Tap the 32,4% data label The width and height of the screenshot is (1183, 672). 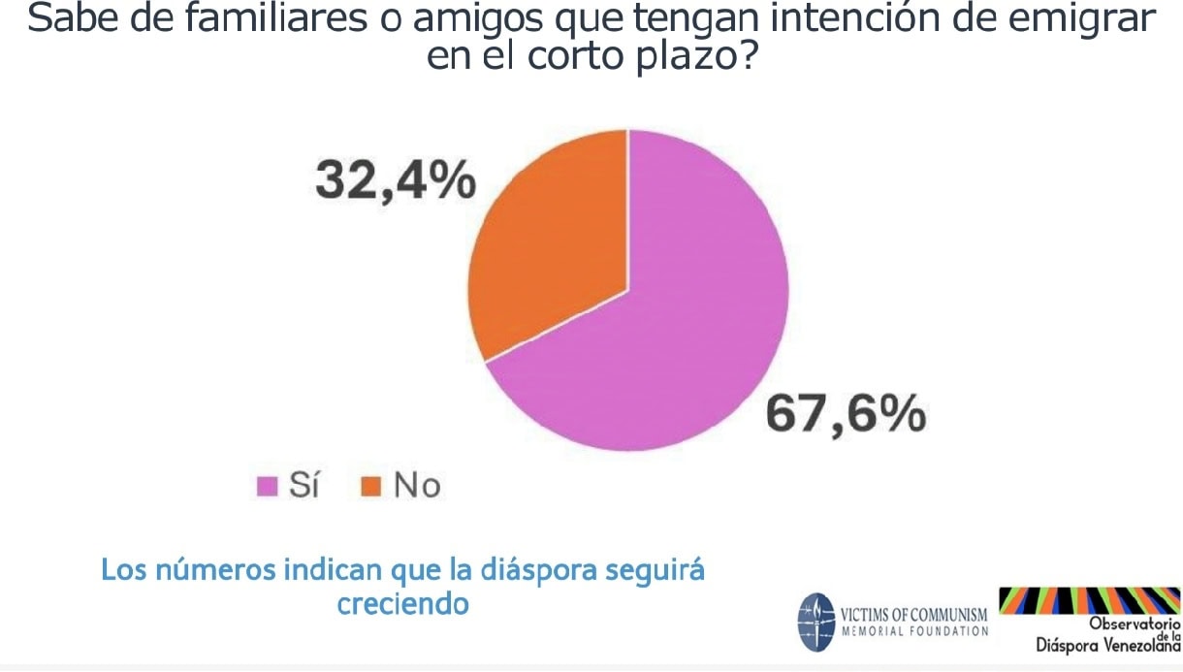click(x=395, y=181)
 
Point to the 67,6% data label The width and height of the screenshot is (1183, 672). click(x=845, y=416)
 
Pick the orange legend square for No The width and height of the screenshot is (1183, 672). click(x=369, y=485)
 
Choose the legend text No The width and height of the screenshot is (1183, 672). click(x=416, y=484)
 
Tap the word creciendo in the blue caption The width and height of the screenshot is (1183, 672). click(x=402, y=603)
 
